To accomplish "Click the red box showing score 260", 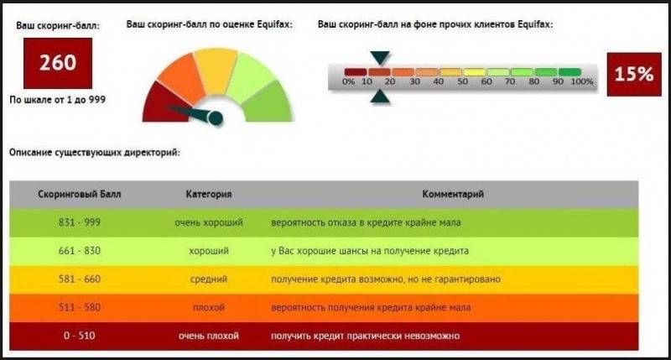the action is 58,63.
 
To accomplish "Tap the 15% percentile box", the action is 634,75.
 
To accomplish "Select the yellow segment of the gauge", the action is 216,70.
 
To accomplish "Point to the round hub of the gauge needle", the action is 216,118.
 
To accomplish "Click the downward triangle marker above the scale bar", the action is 380,58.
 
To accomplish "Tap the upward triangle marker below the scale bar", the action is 380,97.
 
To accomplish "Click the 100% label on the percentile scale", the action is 582,81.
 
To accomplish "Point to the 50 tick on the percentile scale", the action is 462,81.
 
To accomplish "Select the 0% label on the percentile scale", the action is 349,81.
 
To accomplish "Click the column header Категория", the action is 209,195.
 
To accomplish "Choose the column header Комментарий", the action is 453,195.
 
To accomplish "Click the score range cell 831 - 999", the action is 80,222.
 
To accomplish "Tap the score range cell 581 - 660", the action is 80,279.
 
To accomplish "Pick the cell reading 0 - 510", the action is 80,336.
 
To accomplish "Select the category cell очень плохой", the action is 209,336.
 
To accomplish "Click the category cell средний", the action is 209,279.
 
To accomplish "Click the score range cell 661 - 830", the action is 80,250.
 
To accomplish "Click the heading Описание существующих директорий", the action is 95,153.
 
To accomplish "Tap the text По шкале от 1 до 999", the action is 58,100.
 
